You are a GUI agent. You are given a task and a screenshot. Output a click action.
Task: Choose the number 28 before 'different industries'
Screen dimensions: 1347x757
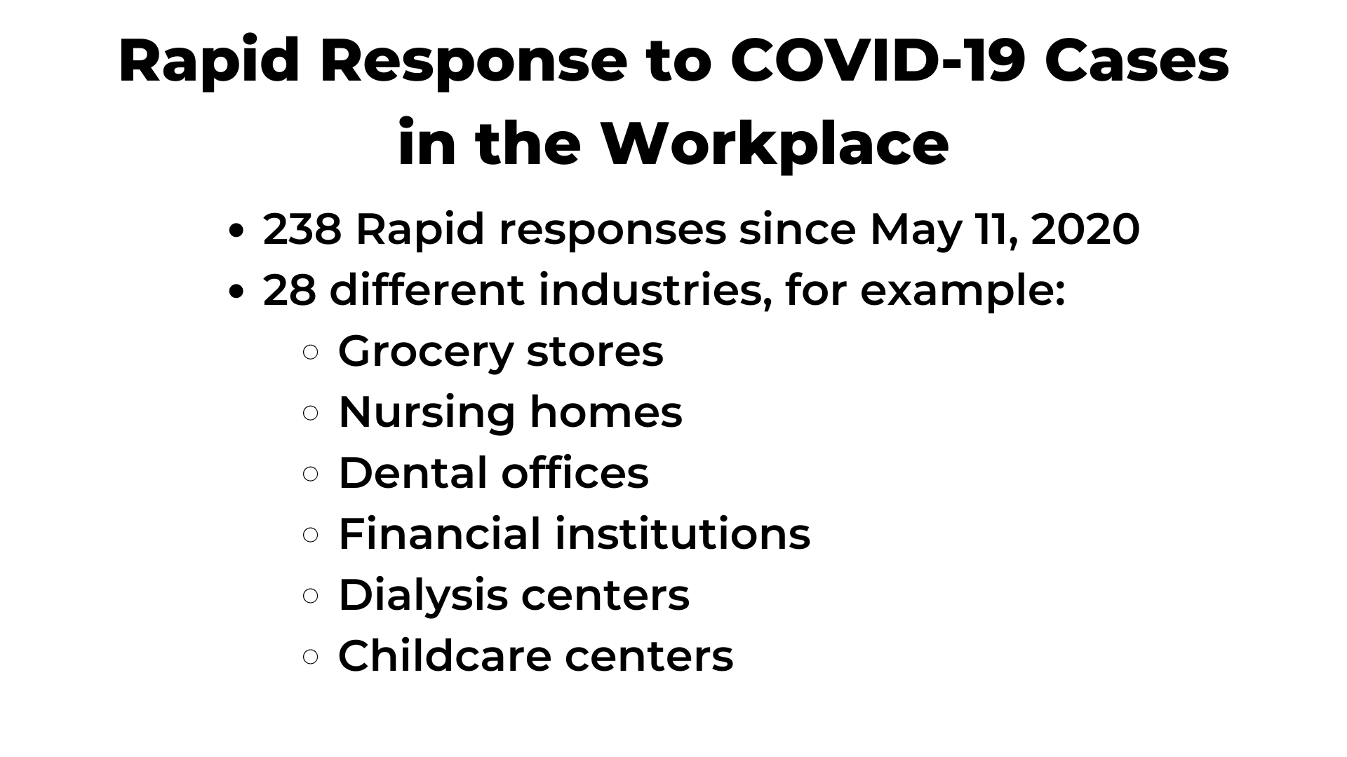point(289,290)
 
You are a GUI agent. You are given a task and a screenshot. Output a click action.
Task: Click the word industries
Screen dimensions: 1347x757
point(650,290)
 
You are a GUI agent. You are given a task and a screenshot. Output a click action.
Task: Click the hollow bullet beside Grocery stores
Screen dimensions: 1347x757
point(311,352)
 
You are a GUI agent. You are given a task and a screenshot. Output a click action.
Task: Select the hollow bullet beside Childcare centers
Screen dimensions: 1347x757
point(311,657)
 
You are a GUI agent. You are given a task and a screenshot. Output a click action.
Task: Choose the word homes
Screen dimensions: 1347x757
point(605,411)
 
